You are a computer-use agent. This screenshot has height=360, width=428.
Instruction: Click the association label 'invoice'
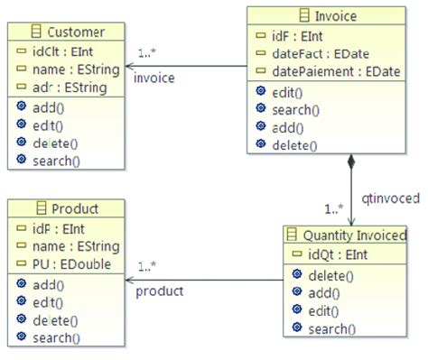coord(154,78)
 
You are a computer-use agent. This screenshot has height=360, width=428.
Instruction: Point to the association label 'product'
coord(159,291)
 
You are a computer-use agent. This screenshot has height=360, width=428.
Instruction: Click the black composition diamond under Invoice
coord(350,163)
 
